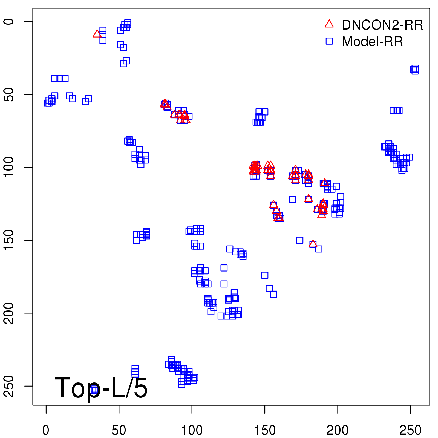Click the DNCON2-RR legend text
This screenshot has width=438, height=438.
[382, 25]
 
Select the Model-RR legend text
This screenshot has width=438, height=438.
[372, 42]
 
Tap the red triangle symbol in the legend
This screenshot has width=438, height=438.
[329, 24]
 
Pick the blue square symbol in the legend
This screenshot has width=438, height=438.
[329, 41]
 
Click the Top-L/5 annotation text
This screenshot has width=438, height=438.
[101, 388]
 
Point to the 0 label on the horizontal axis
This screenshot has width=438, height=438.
[46, 430]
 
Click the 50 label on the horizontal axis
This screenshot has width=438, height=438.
[119, 430]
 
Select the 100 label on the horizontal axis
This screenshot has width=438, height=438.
[192, 430]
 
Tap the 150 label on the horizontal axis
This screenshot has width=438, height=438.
[265, 430]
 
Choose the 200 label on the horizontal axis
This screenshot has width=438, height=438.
[338, 430]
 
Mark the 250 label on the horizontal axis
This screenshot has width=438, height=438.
[410, 430]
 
